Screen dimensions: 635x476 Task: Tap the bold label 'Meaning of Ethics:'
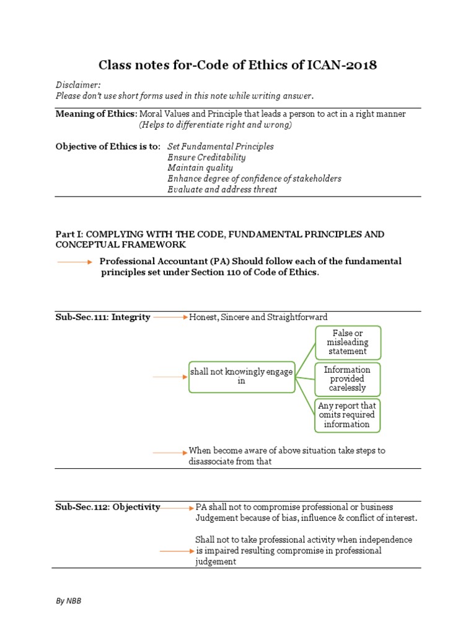(96, 114)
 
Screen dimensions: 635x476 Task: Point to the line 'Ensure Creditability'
(206, 158)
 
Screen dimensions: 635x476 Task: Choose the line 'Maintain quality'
(200, 168)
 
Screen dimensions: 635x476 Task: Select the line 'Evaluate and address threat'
(222, 190)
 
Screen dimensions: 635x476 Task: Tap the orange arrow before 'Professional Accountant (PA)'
(74, 262)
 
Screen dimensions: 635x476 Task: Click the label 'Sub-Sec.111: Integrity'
(103, 317)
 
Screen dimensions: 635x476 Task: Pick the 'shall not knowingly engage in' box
(241, 376)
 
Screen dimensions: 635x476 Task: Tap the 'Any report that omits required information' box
(347, 415)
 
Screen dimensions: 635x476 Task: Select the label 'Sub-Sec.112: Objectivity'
(108, 507)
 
